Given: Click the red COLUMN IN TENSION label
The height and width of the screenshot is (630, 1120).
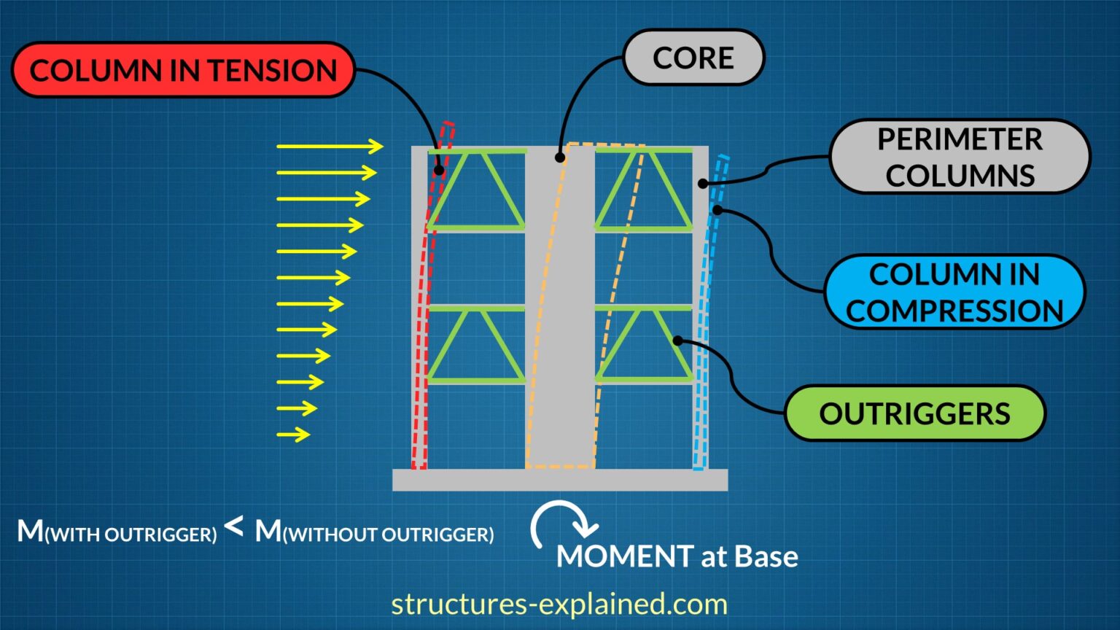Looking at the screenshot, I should click(x=183, y=70).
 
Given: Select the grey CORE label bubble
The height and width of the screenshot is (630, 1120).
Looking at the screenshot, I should click(x=693, y=58).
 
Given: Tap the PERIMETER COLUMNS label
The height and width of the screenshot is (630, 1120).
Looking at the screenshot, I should click(x=960, y=157).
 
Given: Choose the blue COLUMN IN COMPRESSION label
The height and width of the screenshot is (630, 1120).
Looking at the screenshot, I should click(x=954, y=292).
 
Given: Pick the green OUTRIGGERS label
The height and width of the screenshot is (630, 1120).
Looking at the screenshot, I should click(x=914, y=413).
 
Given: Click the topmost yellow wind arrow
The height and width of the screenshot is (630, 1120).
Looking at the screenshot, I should click(x=330, y=147).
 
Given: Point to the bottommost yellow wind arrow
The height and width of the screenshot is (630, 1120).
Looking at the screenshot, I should click(x=293, y=435).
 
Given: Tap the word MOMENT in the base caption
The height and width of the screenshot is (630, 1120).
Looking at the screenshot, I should click(x=624, y=556).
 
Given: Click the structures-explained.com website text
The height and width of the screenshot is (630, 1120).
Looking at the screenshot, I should click(x=559, y=604).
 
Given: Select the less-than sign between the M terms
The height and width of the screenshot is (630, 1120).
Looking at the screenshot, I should click(x=234, y=526).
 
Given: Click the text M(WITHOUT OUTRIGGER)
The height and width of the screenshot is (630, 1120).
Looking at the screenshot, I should click(x=374, y=532).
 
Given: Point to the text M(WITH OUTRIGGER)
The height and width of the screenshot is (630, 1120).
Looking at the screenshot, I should click(x=117, y=532).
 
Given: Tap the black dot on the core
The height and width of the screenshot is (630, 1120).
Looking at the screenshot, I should click(x=560, y=157).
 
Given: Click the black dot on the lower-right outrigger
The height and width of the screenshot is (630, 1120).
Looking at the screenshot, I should click(x=677, y=341).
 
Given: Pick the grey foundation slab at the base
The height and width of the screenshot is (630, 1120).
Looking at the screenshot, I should click(x=560, y=480).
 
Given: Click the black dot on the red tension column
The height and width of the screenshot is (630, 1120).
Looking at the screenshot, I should click(x=439, y=171).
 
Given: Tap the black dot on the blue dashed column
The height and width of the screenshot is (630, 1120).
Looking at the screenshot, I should click(x=717, y=210).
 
